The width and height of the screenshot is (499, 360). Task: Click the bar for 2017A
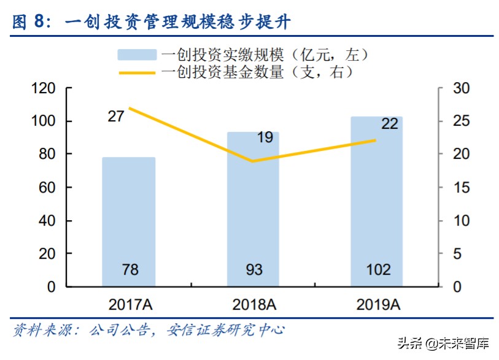pyautogui.click(x=128, y=221)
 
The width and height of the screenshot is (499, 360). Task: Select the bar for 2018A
pyautogui.click(x=253, y=209)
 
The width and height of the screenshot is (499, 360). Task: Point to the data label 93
pyautogui.click(x=253, y=270)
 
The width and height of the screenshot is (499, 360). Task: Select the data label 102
pyautogui.click(x=376, y=270)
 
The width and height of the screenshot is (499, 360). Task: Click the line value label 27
pyautogui.click(x=116, y=116)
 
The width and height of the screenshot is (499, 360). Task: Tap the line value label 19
pyautogui.click(x=265, y=137)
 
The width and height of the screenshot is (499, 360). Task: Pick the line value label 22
pyautogui.click(x=389, y=123)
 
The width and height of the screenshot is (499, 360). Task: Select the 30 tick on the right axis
pyautogui.click(x=461, y=89)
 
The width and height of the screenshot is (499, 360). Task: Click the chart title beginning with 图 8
pyautogui.click(x=151, y=22)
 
